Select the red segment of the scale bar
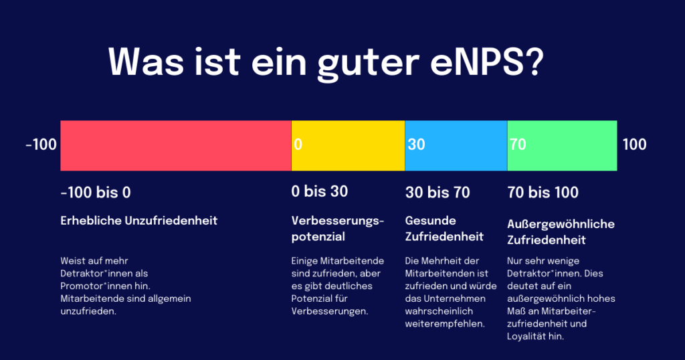(x=175, y=145)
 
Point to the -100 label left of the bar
(x=41, y=145)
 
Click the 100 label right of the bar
(x=634, y=145)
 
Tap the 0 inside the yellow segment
(x=298, y=145)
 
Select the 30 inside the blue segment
(x=416, y=145)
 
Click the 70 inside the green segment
(x=517, y=145)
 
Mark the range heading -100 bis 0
(x=96, y=193)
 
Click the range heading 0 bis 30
(x=320, y=192)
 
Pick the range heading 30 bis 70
(x=437, y=193)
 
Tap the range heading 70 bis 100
(x=543, y=193)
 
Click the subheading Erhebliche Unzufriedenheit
(x=139, y=221)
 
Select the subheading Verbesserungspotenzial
(x=338, y=229)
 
